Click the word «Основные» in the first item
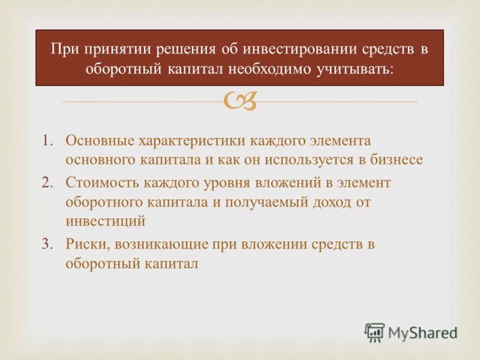point(100,140)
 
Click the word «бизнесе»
point(396,161)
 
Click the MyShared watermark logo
point(411,332)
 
